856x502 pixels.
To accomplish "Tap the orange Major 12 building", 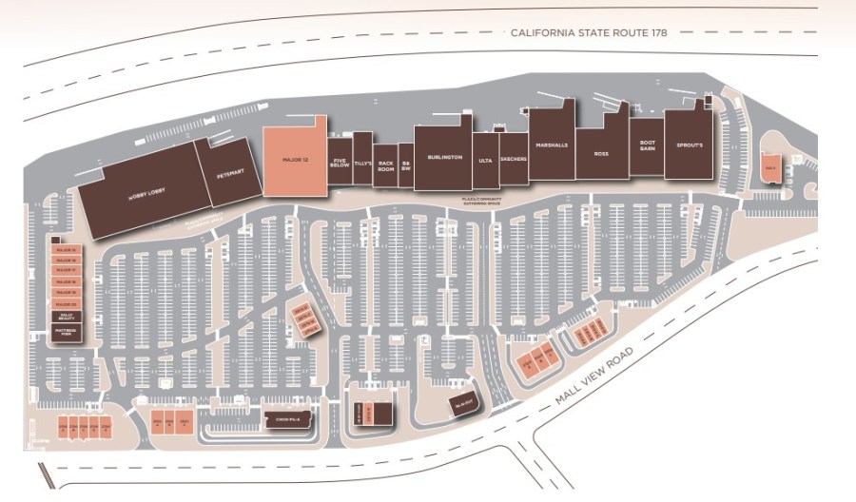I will point(295,159).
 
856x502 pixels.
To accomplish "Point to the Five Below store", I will point(340,163).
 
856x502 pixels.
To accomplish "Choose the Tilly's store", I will point(362,163).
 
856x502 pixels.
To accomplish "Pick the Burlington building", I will point(444,157).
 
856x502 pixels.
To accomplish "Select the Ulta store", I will point(485,163).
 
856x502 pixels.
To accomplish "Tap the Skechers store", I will point(513,161).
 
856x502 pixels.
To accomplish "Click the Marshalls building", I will point(552,145).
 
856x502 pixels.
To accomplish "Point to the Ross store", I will point(601,152).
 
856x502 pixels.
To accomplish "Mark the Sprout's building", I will point(689,145).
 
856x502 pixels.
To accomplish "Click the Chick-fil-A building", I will point(288,419).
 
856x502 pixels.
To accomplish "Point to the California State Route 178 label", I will point(589,32).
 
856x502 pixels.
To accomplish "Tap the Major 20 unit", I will point(66,303).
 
